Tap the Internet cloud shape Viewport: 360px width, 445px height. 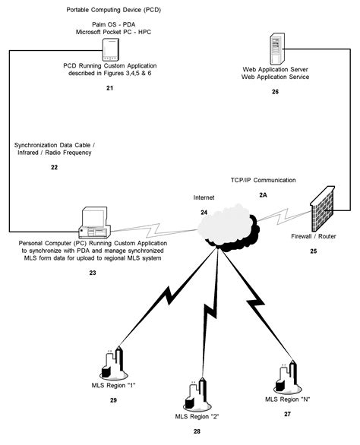pos(226,223)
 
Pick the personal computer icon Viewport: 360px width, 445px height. pos(96,221)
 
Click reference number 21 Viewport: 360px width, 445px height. pos(109,89)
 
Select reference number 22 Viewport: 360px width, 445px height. pos(54,167)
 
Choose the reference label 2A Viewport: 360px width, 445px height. pos(264,194)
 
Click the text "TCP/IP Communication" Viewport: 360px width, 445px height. pos(263,180)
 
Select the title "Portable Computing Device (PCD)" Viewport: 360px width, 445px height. pos(109,11)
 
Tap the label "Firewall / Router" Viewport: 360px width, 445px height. pos(313,237)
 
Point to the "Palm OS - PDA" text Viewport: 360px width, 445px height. pos(109,25)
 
